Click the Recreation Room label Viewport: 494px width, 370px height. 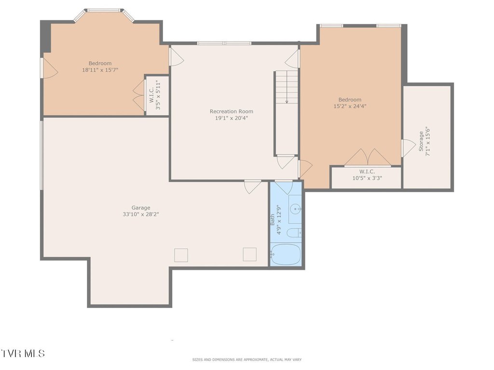click(x=231, y=111)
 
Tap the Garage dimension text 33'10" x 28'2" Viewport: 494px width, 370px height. click(x=141, y=214)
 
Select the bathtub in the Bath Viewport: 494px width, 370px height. click(x=286, y=254)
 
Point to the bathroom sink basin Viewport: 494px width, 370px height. click(x=295, y=209)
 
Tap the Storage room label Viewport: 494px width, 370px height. click(x=421, y=141)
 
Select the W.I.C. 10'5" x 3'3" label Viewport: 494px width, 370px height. click(x=367, y=175)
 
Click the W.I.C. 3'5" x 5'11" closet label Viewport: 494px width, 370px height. click(x=155, y=95)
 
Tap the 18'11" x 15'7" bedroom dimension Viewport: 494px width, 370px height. click(x=100, y=70)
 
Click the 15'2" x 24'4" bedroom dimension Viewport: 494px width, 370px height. click(x=350, y=106)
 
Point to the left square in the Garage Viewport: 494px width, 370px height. click(x=181, y=255)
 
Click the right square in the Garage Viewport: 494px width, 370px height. click(x=249, y=254)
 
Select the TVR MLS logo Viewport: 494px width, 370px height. click(x=23, y=353)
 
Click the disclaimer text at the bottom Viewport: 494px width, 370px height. click(x=247, y=359)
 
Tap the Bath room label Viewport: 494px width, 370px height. click(x=273, y=220)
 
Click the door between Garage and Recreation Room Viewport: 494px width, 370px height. click(x=253, y=186)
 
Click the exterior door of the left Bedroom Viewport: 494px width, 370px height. click(x=50, y=68)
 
